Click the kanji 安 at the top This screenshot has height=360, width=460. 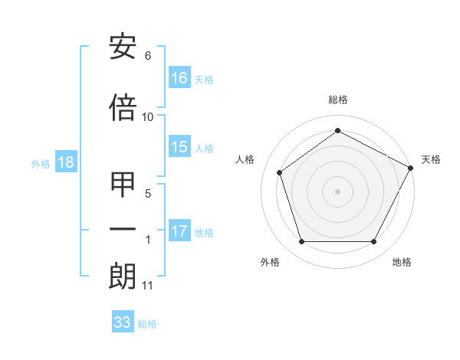[123, 47]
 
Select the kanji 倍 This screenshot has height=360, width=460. [123, 109]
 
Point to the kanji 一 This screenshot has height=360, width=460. [123, 229]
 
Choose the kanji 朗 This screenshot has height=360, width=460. [123, 276]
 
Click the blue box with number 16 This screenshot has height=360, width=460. [179, 78]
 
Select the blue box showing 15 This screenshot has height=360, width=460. [179, 148]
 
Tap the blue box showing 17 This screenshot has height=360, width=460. [179, 231]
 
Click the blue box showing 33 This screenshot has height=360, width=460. [123, 322]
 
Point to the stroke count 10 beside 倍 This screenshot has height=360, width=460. [148, 116]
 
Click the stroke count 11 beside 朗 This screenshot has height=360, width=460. [148, 286]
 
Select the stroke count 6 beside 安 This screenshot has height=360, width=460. [148, 56]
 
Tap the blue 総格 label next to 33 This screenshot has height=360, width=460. [147, 324]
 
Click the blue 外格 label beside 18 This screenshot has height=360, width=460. [41, 163]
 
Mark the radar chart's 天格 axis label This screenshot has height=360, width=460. [431, 159]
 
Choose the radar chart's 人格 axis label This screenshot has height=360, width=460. [245, 159]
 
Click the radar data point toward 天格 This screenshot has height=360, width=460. [412, 167]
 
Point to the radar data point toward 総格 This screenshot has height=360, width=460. [337, 131]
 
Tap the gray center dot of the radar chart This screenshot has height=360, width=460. [337, 191]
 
